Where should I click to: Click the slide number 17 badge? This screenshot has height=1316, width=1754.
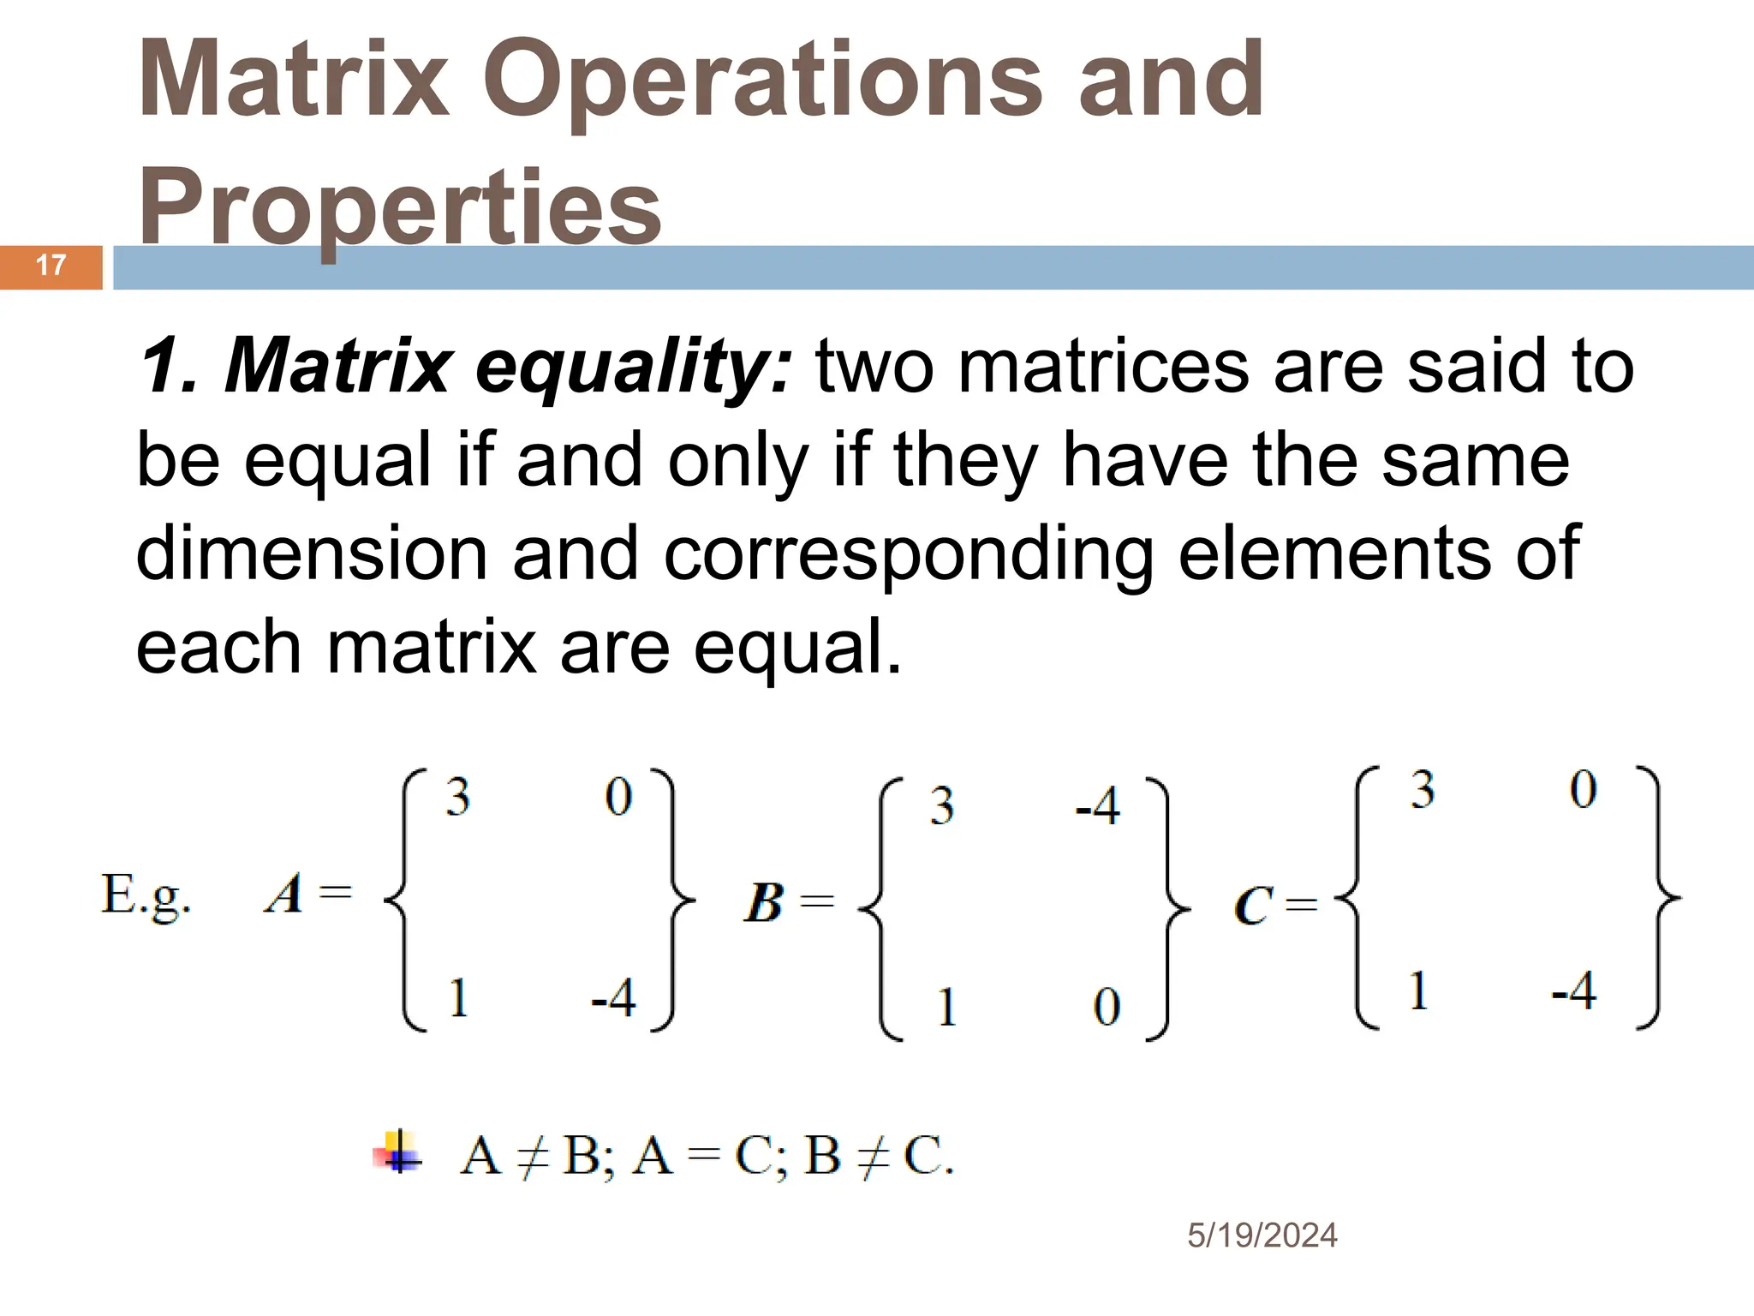click(x=51, y=266)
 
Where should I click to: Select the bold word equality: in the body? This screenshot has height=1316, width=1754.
click(x=634, y=367)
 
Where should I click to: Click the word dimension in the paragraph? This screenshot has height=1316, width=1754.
click(x=312, y=553)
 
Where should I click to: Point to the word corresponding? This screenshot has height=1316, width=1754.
click(x=908, y=555)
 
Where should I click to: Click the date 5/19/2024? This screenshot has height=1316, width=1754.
click(x=1262, y=1235)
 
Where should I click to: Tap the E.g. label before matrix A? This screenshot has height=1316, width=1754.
click(x=146, y=896)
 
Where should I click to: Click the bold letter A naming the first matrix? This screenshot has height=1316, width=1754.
click(x=284, y=894)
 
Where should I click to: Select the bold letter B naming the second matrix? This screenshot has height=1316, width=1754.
click(x=763, y=903)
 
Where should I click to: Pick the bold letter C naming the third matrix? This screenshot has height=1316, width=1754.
click(x=1253, y=906)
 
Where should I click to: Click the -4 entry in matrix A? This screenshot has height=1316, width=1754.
click(x=613, y=998)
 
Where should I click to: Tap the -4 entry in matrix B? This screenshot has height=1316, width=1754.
click(x=1097, y=806)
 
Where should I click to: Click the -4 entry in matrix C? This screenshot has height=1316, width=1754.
click(x=1574, y=991)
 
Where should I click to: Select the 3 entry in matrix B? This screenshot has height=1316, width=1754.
click(x=942, y=806)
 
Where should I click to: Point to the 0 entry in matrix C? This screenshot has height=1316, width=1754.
click(x=1583, y=789)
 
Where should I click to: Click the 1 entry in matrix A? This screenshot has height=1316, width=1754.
click(x=458, y=998)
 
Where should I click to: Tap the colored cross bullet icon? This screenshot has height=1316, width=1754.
click(x=398, y=1153)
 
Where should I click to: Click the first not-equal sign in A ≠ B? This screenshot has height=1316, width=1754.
click(x=532, y=1157)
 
